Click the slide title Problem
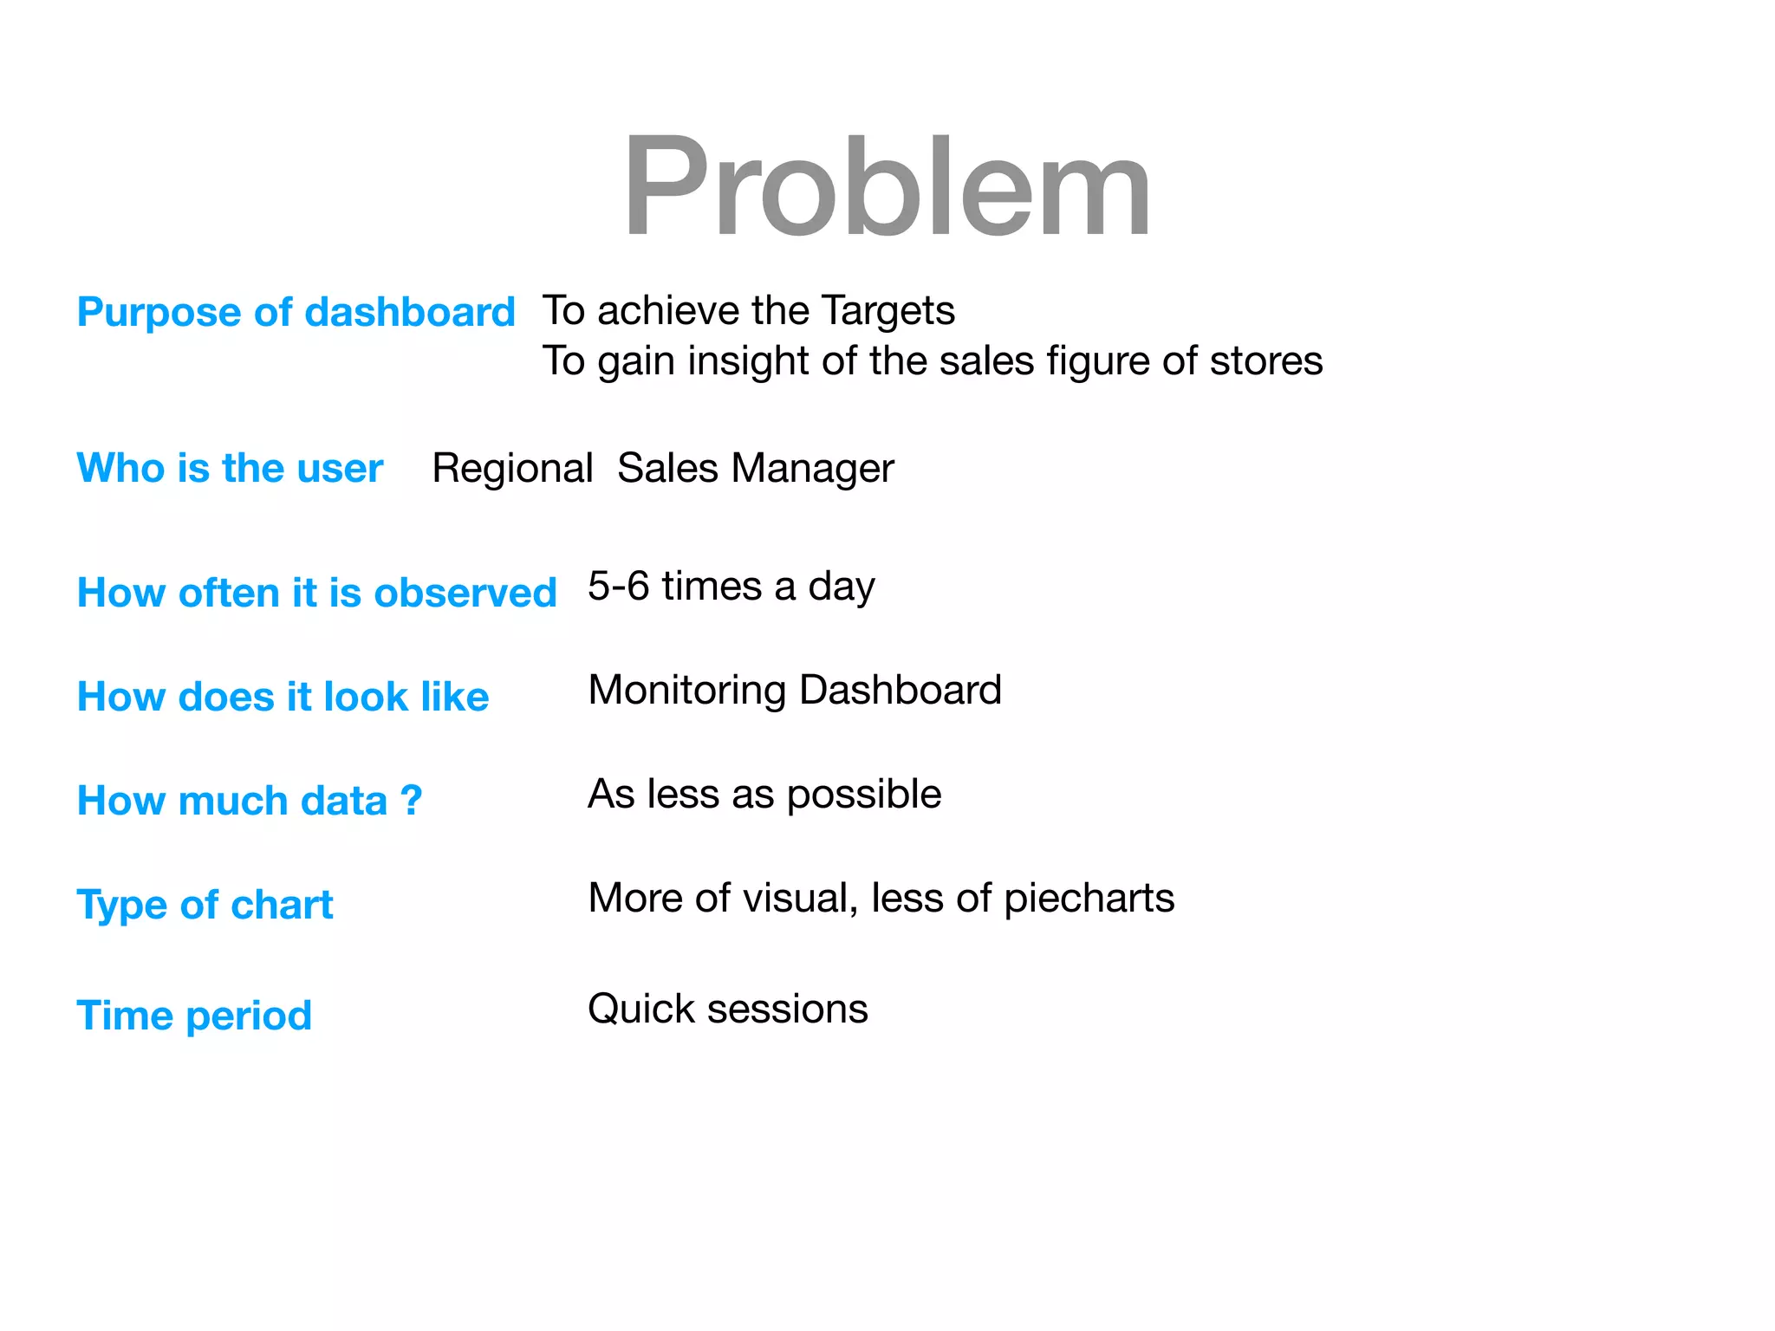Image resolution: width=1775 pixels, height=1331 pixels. click(887, 186)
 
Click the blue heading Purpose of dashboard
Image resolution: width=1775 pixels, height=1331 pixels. click(296, 312)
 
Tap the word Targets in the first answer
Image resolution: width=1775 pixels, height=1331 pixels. click(887, 310)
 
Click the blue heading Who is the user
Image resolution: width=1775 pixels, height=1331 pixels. click(230, 468)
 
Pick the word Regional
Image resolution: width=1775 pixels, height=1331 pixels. click(512, 468)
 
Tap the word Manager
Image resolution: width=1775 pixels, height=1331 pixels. click(812, 468)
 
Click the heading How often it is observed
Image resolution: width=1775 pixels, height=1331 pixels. click(316, 593)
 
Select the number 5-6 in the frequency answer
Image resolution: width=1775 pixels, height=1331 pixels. click(618, 586)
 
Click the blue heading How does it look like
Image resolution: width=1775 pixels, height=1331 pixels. click(283, 697)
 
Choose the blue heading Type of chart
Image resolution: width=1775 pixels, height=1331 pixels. click(205, 905)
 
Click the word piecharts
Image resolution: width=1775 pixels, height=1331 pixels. click(1089, 899)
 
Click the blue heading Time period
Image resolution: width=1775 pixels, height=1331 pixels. click(194, 1016)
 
